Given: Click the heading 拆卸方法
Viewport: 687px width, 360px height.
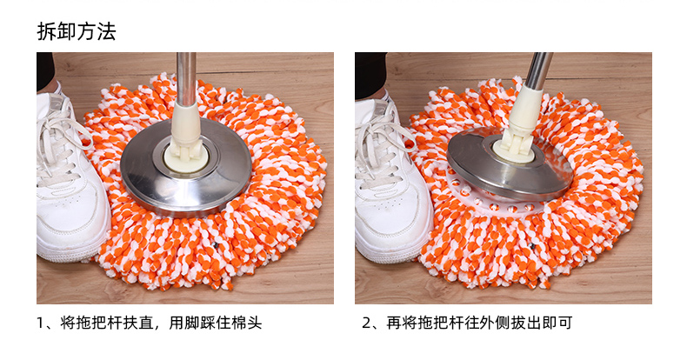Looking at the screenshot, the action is [77, 31].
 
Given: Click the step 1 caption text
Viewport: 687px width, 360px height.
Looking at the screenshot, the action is [150, 323].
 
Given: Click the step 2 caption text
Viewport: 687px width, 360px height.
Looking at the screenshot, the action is [468, 323].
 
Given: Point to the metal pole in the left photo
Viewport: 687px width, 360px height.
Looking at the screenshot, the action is [187, 79].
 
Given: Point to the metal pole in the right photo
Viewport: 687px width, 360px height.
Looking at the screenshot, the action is [538, 71].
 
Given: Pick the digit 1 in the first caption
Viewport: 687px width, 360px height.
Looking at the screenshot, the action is [41, 323].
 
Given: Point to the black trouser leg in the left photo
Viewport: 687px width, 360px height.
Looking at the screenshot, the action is [45, 70].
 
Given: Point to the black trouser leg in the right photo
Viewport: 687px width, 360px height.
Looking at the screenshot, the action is [370, 75].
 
